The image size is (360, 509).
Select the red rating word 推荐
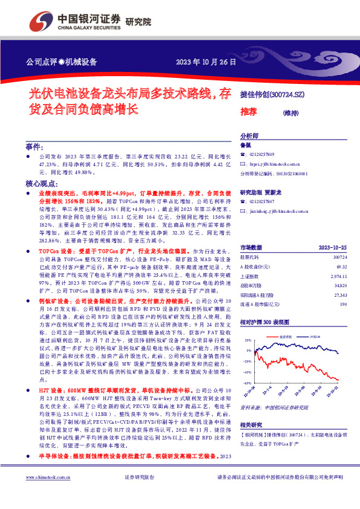[x=249, y=112]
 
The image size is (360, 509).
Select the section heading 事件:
[x=34, y=147]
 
